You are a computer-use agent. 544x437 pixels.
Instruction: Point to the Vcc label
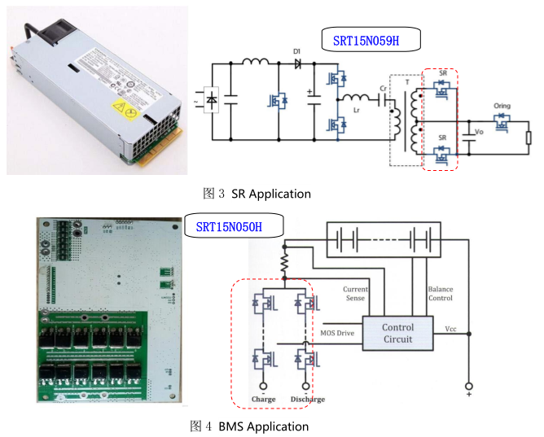[450, 329]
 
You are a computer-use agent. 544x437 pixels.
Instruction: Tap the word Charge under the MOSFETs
[263, 400]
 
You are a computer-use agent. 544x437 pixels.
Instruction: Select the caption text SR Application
[271, 194]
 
